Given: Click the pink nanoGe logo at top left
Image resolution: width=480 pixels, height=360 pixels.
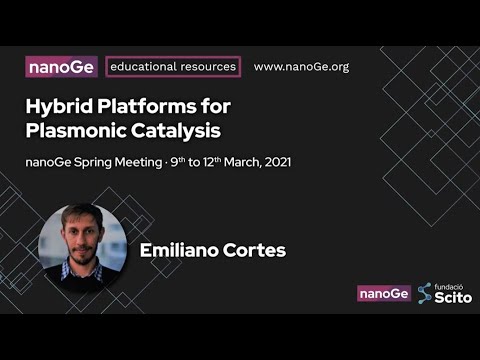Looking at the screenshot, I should tap(61, 67).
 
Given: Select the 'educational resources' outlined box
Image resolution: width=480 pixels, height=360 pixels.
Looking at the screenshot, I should tap(173, 67).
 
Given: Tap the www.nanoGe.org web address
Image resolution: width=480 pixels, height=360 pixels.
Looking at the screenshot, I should tap(301, 67).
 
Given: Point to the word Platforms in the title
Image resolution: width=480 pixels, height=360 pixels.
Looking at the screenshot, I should tap(149, 106).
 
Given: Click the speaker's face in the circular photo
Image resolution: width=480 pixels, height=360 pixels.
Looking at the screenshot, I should tap(82, 234).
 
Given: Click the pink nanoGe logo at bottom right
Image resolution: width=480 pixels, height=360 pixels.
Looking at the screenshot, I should tap(384, 293).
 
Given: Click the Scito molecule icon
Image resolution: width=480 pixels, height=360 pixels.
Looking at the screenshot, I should tap(425, 293).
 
